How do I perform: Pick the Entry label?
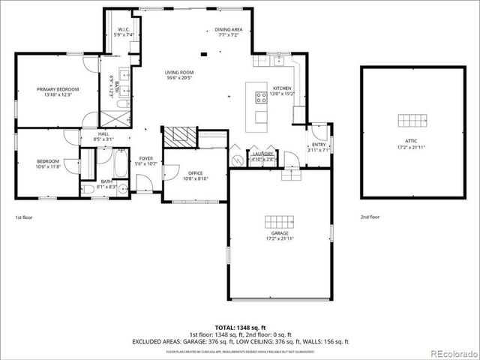tap(319, 147)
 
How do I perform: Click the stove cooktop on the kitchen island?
tap(261, 97)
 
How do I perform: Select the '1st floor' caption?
tap(24, 217)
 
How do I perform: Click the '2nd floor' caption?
tap(370, 217)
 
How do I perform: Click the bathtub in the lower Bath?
tap(121, 163)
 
